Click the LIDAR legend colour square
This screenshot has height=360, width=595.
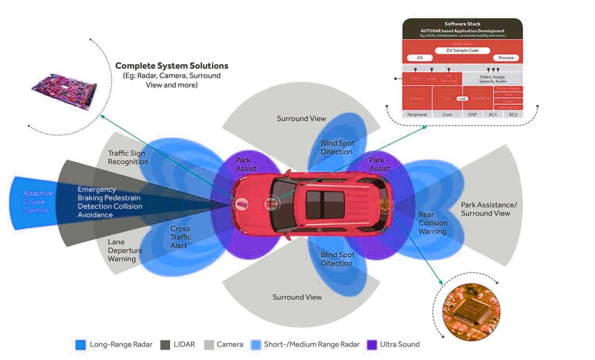(x=165, y=345)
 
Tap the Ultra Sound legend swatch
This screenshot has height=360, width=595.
(x=372, y=345)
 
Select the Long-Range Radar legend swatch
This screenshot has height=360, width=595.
(x=81, y=345)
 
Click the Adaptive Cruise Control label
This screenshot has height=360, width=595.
(x=38, y=202)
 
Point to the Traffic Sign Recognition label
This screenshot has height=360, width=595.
(x=128, y=157)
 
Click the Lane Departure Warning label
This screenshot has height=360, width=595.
(x=125, y=251)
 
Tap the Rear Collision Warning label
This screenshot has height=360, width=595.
(x=433, y=223)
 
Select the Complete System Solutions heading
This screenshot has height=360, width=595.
(x=172, y=66)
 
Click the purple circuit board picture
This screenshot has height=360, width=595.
(x=64, y=92)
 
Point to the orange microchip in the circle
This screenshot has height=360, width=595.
(x=471, y=312)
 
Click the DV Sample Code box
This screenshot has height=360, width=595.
(x=462, y=51)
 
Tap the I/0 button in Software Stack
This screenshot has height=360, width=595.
(x=420, y=58)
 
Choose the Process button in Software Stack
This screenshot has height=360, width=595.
(x=506, y=58)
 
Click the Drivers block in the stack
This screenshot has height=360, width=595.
(x=417, y=98)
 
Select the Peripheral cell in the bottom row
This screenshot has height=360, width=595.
(x=417, y=115)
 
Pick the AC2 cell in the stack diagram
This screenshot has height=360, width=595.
(x=513, y=115)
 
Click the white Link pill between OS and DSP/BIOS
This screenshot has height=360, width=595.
(x=463, y=99)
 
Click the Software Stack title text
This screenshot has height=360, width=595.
(x=462, y=24)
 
